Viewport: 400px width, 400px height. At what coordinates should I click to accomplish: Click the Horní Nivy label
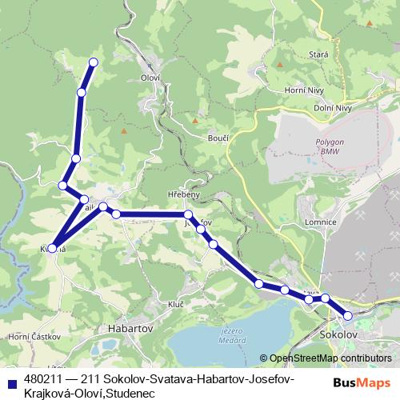pos(303,92)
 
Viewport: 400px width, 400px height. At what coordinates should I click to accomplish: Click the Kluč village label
pos(177,305)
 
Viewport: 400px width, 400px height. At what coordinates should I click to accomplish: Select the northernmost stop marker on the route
pos(94,62)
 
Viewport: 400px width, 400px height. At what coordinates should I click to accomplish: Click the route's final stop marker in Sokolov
pos(347,315)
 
